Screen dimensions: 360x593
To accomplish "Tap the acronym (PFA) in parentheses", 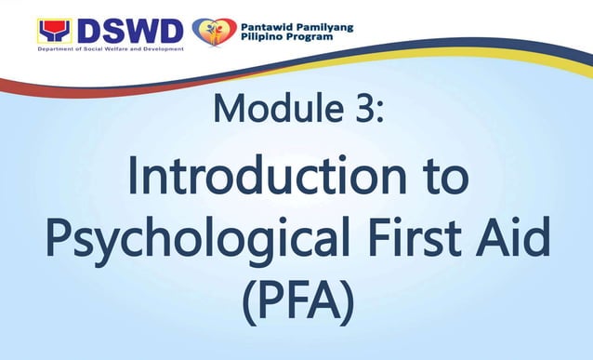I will (x=296, y=304).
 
